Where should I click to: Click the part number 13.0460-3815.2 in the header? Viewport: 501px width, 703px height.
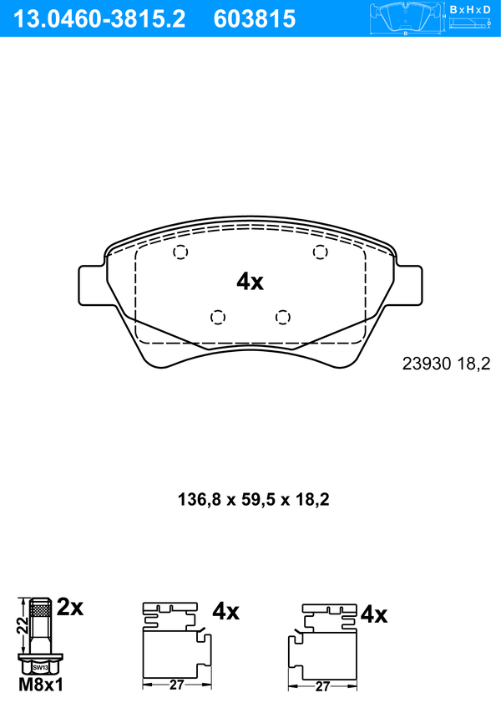point(99,19)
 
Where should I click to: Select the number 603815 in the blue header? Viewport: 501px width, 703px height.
point(255,19)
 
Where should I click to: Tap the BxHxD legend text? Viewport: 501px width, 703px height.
point(470,9)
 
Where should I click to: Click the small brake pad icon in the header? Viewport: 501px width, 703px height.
point(405,19)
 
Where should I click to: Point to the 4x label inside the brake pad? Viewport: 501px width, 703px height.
point(250,282)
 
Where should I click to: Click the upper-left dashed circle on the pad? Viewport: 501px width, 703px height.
point(180,252)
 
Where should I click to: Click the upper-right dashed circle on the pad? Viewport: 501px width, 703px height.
point(320,252)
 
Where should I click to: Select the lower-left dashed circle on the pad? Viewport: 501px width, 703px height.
point(218,318)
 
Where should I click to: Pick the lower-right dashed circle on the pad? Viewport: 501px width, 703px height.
point(283,318)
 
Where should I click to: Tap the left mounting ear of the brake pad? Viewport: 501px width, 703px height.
point(93,286)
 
